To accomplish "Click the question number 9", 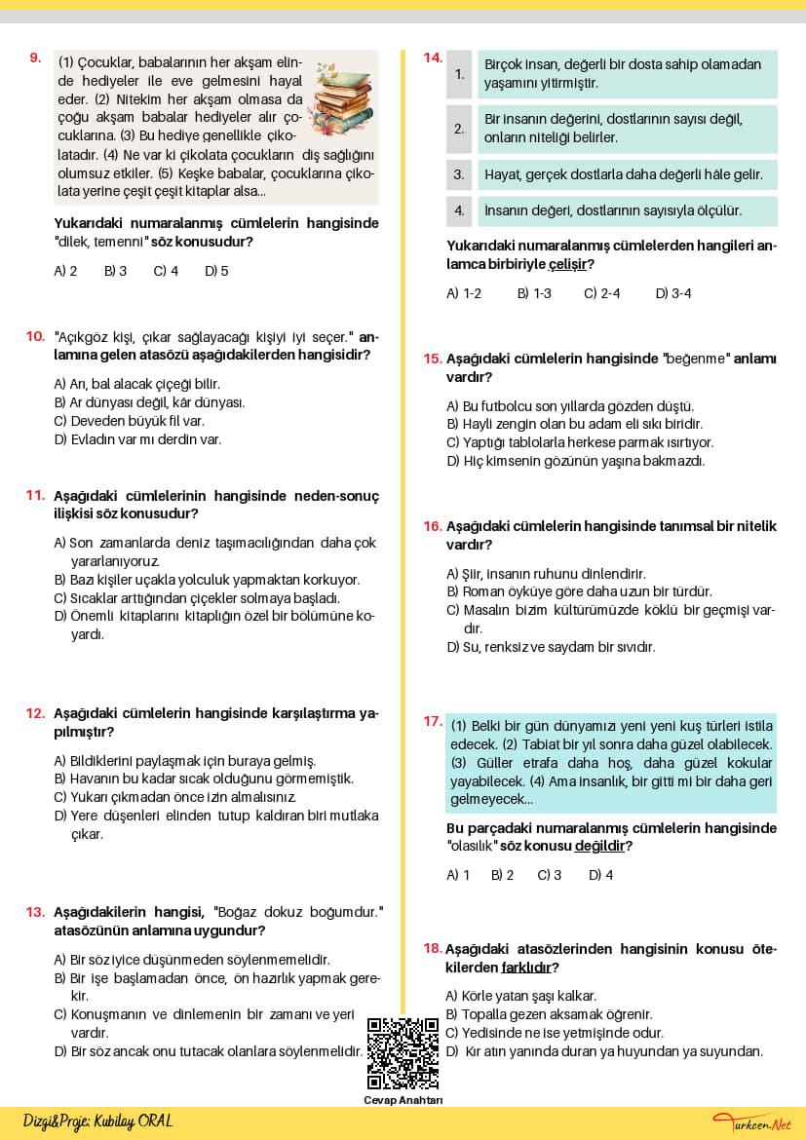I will [x=35, y=57].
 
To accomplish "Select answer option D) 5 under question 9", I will [x=216, y=271].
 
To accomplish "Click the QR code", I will [x=403, y=1053].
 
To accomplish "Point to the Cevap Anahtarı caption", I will [x=403, y=1100].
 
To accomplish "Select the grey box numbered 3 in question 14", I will [x=459, y=175].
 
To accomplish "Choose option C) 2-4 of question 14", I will [x=601, y=293].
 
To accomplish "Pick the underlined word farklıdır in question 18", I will [x=525, y=968].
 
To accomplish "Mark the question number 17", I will [x=433, y=721].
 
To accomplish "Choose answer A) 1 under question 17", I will [x=458, y=875].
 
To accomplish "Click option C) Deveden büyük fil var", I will [x=129, y=421].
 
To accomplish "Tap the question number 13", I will [x=35, y=912].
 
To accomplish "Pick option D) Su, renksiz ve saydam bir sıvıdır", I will [x=551, y=647].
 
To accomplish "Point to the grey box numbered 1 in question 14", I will [x=459, y=74].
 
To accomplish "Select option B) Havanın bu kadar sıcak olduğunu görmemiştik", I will [x=204, y=779].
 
